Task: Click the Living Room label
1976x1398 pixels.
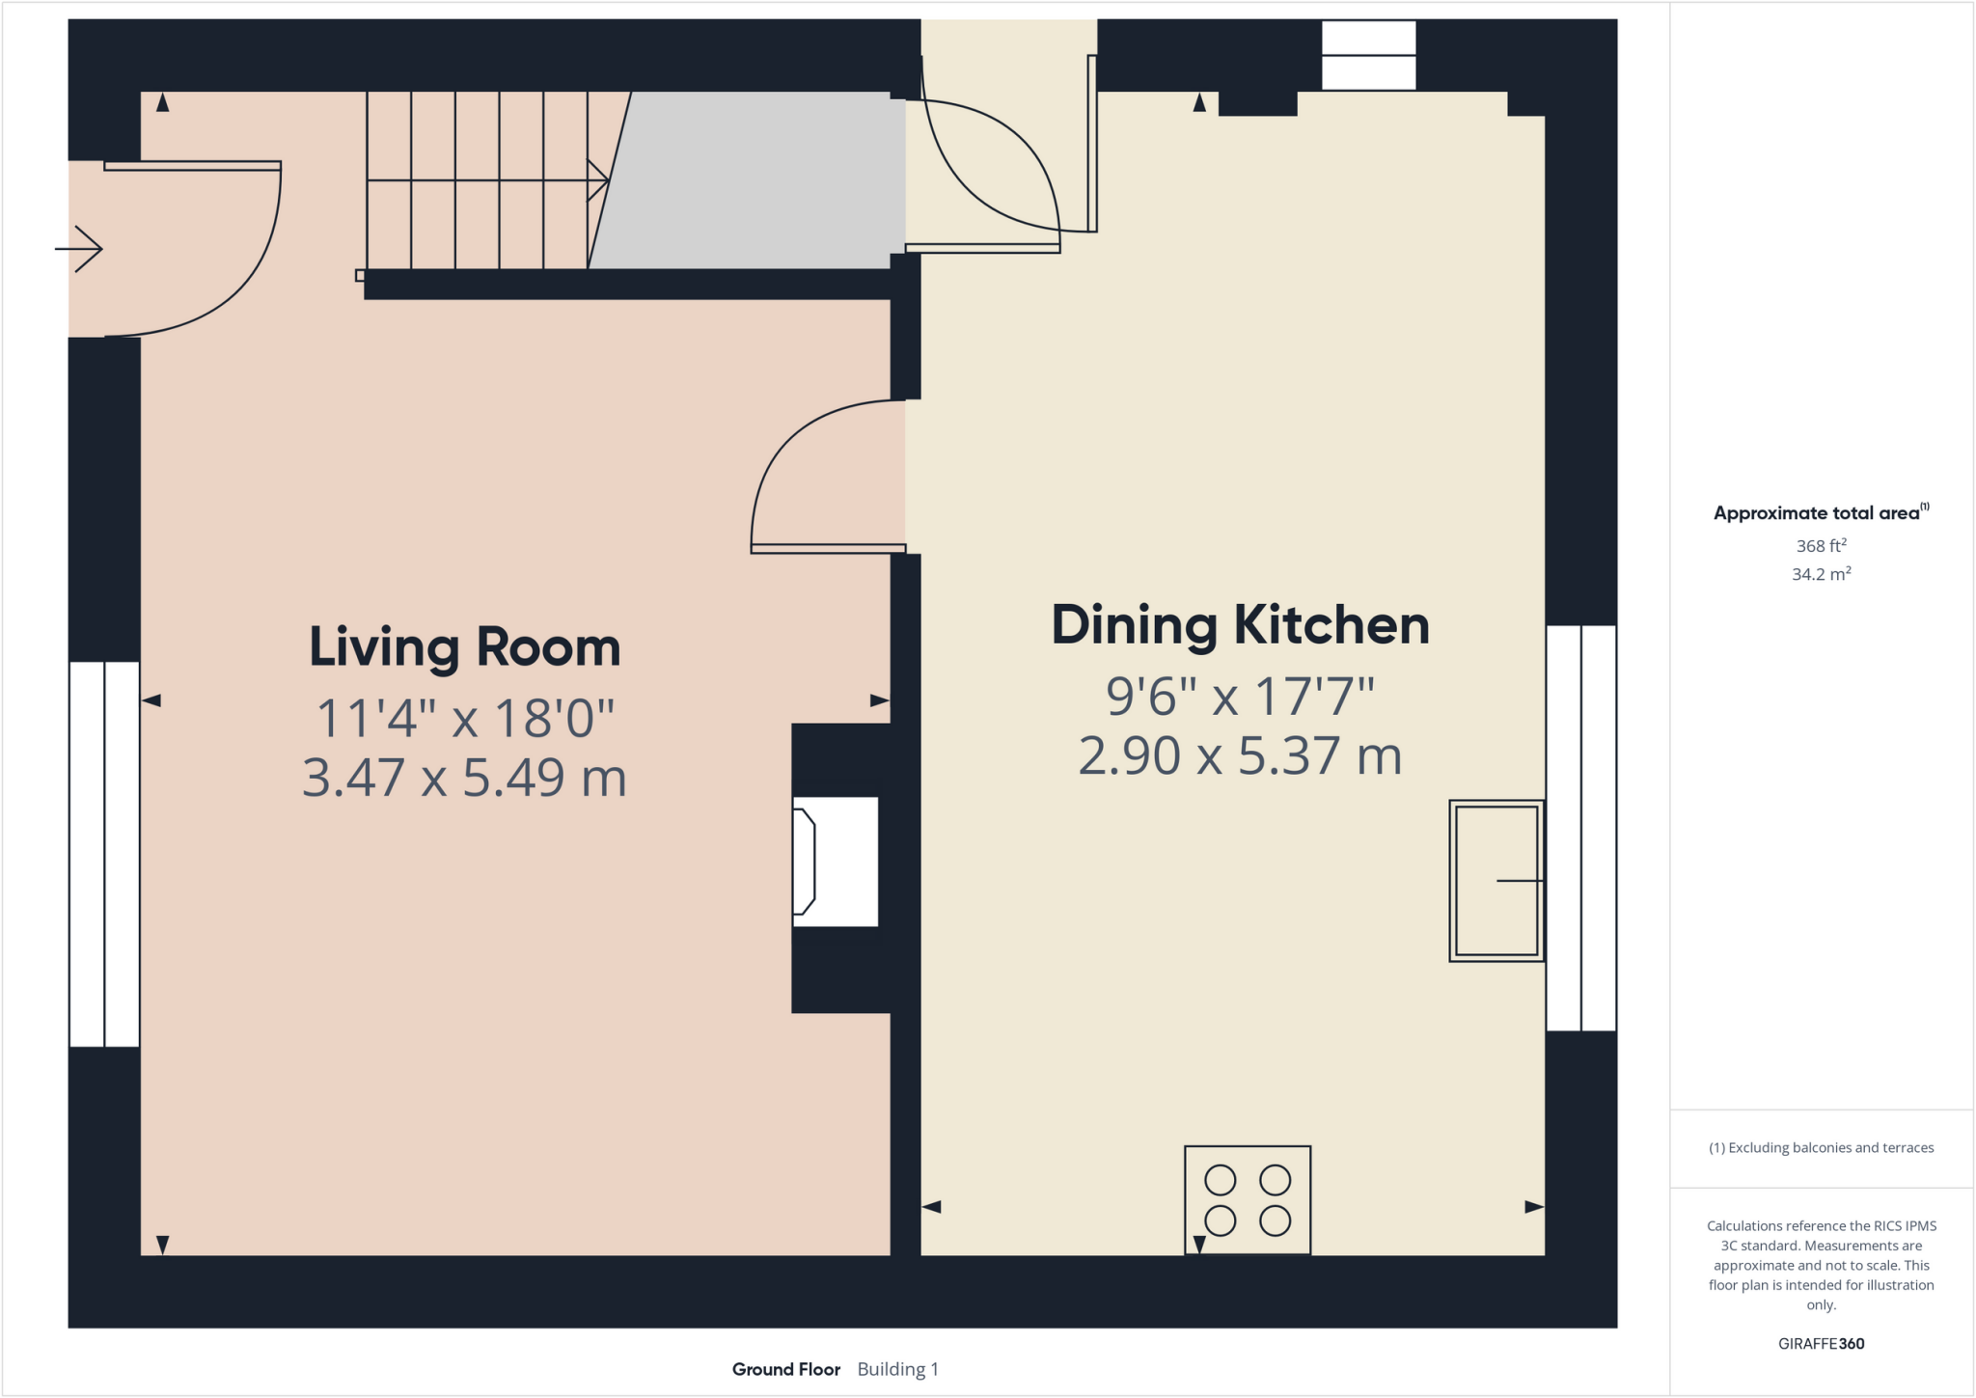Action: (464, 647)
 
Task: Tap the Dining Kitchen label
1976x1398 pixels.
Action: (1240, 625)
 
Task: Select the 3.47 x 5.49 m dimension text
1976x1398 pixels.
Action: (464, 778)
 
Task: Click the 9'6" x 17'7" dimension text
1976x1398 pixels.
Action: (1240, 696)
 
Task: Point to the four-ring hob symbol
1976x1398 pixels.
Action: (1247, 1200)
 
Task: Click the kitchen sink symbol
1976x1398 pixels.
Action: (1496, 880)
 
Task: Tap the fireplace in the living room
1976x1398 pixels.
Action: (835, 862)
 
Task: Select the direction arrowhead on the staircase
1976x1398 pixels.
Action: (598, 180)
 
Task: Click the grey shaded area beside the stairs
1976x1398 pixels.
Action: (753, 180)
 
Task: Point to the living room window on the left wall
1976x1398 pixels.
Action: (104, 854)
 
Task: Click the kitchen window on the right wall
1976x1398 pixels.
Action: (1580, 828)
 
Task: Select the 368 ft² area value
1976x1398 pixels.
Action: (1821, 546)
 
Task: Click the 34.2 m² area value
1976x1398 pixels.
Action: (1821, 574)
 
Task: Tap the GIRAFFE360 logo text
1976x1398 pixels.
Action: (1821, 1343)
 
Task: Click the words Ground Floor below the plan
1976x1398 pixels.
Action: (785, 1369)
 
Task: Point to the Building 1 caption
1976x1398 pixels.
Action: (897, 1369)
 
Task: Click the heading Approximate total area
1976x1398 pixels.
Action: (1819, 513)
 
